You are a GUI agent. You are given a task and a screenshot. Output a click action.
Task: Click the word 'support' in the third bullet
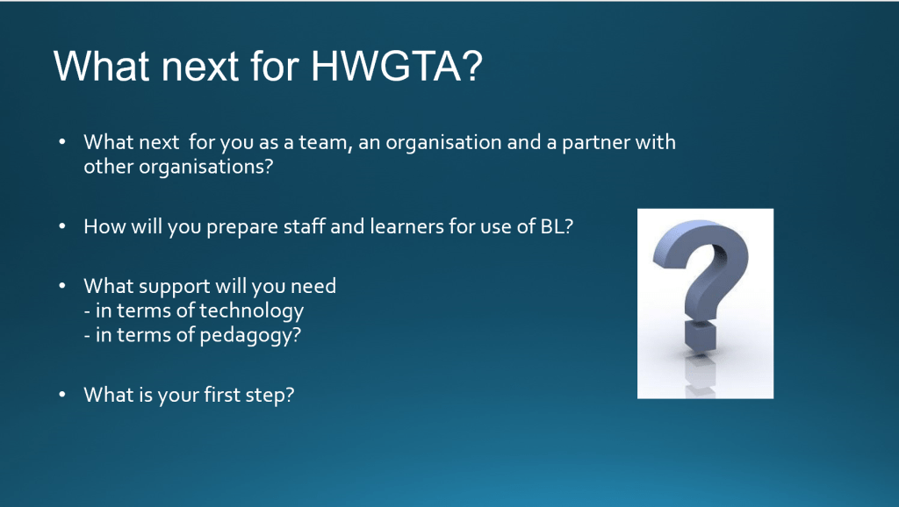[x=175, y=287]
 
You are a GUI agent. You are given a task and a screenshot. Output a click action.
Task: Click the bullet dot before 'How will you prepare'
[x=62, y=226]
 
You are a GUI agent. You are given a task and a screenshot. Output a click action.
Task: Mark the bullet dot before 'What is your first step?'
[x=62, y=395]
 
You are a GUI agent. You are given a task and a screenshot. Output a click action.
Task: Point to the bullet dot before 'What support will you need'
[x=62, y=286]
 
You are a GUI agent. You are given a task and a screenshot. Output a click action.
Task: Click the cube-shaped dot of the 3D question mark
[x=700, y=336]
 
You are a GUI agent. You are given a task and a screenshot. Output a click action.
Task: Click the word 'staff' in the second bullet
[x=298, y=226]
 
